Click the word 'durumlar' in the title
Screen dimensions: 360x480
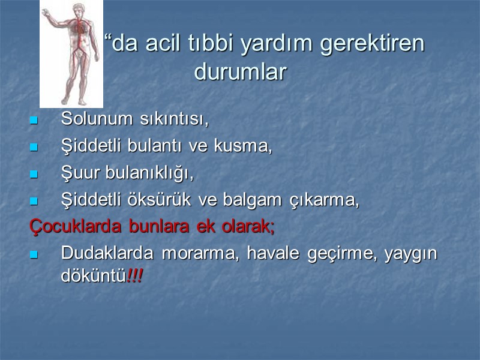click(241, 73)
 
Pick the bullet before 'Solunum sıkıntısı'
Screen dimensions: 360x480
click(34, 120)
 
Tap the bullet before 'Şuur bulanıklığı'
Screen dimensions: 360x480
click(34, 174)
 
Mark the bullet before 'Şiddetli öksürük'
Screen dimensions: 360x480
click(34, 201)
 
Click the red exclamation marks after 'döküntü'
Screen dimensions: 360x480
click(136, 277)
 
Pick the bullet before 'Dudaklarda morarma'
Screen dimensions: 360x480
click(34, 255)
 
